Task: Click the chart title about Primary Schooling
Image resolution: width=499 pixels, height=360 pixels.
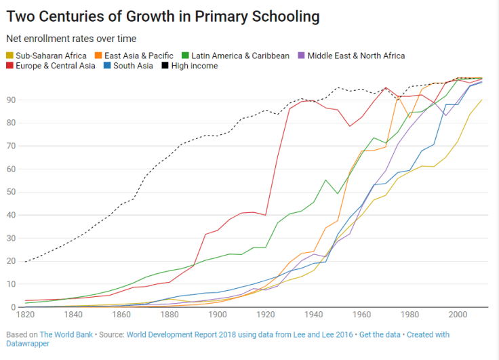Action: pyautogui.click(x=163, y=16)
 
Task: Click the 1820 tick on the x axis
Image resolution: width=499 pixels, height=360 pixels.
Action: pyautogui.click(x=26, y=315)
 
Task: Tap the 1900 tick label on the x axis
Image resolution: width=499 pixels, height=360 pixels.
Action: pyautogui.click(x=218, y=315)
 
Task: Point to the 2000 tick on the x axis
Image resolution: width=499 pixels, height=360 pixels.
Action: pyautogui.click(x=458, y=315)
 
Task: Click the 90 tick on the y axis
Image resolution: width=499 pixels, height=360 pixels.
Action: pyautogui.click(x=11, y=100)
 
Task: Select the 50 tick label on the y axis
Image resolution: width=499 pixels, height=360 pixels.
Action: pyautogui.click(x=11, y=192)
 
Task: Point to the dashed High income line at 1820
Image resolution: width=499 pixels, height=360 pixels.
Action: pyautogui.click(x=26, y=262)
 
